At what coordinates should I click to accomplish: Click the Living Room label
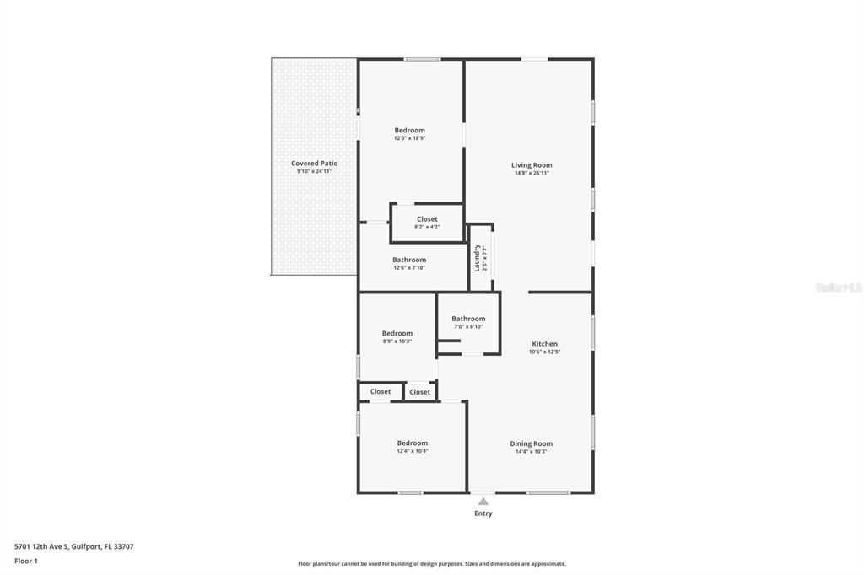point(531,165)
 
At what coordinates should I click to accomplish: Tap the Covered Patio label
point(314,164)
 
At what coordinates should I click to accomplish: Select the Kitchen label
point(544,344)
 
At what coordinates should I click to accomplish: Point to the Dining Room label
point(531,443)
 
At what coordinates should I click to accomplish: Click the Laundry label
point(477,257)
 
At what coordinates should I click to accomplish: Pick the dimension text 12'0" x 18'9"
point(409,138)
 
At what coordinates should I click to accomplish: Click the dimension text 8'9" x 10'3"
point(397,341)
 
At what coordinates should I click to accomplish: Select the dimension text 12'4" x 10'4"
point(412,451)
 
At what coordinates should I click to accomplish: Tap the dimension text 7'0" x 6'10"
point(468,326)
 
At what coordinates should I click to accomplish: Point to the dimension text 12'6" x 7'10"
point(408,268)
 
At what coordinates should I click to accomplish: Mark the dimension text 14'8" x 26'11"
point(531,173)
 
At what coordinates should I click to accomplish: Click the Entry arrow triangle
point(483,502)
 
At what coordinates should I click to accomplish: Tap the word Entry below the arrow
point(483,513)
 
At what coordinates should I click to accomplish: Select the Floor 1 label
point(26,560)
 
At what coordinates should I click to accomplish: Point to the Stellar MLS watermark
point(837,287)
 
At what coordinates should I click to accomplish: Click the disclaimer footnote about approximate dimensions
point(431,564)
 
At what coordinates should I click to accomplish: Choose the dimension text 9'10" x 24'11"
point(314,171)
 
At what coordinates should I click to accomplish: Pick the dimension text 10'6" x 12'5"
point(544,352)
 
